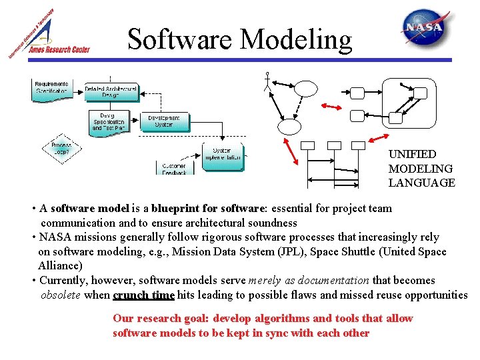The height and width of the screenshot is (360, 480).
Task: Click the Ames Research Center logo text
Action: (x=58, y=49)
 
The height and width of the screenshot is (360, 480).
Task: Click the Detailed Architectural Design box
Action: (x=111, y=92)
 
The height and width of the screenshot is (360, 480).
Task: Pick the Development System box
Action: (x=164, y=121)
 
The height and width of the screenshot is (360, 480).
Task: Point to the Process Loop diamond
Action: (x=61, y=148)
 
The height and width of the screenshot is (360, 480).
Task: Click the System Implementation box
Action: (x=222, y=155)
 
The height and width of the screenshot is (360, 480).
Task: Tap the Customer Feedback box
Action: (x=174, y=168)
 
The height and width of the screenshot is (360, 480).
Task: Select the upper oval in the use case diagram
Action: (x=307, y=89)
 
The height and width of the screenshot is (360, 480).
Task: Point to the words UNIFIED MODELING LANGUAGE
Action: (x=421, y=169)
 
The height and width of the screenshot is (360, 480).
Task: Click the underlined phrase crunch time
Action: (x=143, y=295)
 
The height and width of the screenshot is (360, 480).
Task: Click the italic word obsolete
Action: (x=61, y=295)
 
